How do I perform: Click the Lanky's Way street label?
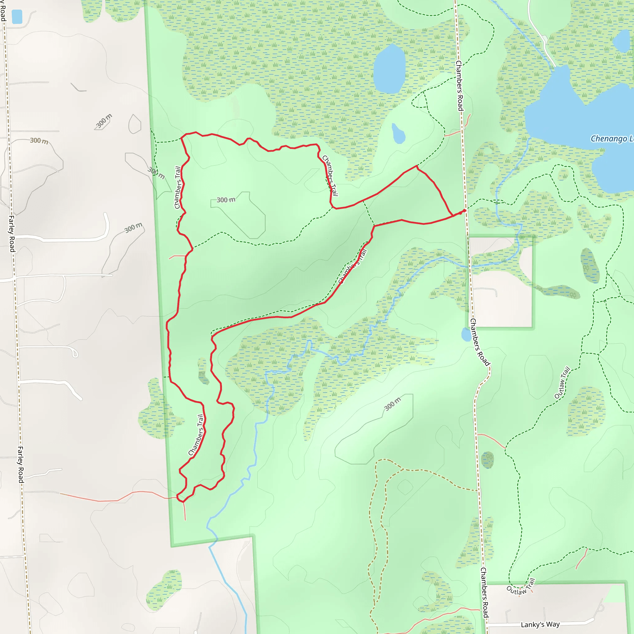click(x=540, y=624)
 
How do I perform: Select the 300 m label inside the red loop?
click(x=226, y=200)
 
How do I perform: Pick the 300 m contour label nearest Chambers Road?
click(x=393, y=404)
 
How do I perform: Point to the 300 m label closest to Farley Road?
click(x=39, y=141)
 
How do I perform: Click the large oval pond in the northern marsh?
click(x=389, y=69)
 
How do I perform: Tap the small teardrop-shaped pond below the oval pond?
click(x=398, y=134)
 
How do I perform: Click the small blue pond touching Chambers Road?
click(x=466, y=335)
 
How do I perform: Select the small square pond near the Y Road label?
click(x=17, y=17)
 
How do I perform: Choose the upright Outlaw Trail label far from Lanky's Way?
click(x=562, y=383)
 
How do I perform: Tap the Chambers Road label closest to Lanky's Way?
click(x=484, y=593)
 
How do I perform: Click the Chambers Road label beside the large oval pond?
click(x=459, y=86)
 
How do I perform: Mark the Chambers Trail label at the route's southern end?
click(x=196, y=435)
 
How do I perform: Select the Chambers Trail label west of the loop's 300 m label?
click(x=177, y=187)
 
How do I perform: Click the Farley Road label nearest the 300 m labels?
click(x=11, y=234)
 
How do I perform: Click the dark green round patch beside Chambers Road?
click(x=487, y=459)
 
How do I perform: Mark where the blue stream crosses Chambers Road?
click(x=469, y=267)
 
